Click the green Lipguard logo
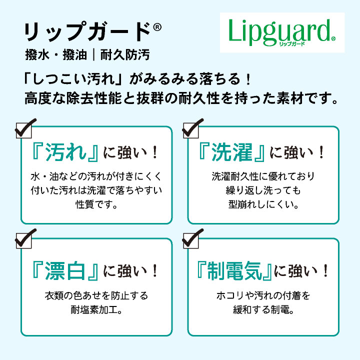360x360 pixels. point(282,32)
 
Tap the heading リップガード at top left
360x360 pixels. point(87,31)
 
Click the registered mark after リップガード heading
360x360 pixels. point(157,27)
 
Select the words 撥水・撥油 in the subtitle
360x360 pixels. point(56,55)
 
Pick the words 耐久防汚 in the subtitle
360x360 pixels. point(125,55)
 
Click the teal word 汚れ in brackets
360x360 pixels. point(65,152)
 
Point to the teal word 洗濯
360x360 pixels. point(232,152)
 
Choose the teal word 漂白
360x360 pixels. point(65,271)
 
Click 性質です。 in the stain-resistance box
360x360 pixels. point(96,204)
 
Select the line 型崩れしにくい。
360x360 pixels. point(263,204)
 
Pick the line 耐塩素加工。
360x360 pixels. point(96,309)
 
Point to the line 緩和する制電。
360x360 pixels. point(263,309)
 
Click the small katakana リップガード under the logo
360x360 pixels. point(291,43)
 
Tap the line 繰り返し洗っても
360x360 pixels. point(263,190)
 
